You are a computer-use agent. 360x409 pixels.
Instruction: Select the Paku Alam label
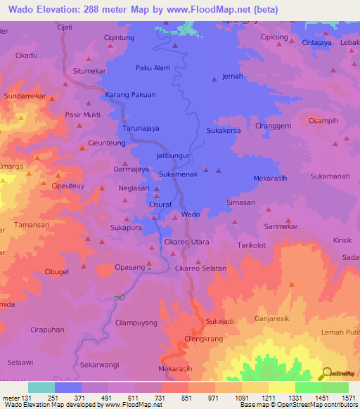pyautogui.click(x=153, y=68)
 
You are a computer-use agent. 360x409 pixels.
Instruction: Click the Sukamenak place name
pyautogui.click(x=179, y=173)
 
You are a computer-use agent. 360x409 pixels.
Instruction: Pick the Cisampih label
pyautogui.click(x=323, y=120)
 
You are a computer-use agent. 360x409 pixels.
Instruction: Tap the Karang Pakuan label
pyautogui.click(x=130, y=94)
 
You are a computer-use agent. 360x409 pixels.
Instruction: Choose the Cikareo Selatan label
pyautogui.click(x=200, y=268)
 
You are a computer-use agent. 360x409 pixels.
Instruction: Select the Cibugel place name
pyautogui.click(x=56, y=271)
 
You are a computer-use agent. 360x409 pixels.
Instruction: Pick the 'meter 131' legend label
pyautogui.click(x=16, y=398)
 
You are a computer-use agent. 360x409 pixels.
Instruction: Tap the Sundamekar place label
pyautogui.click(x=25, y=95)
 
